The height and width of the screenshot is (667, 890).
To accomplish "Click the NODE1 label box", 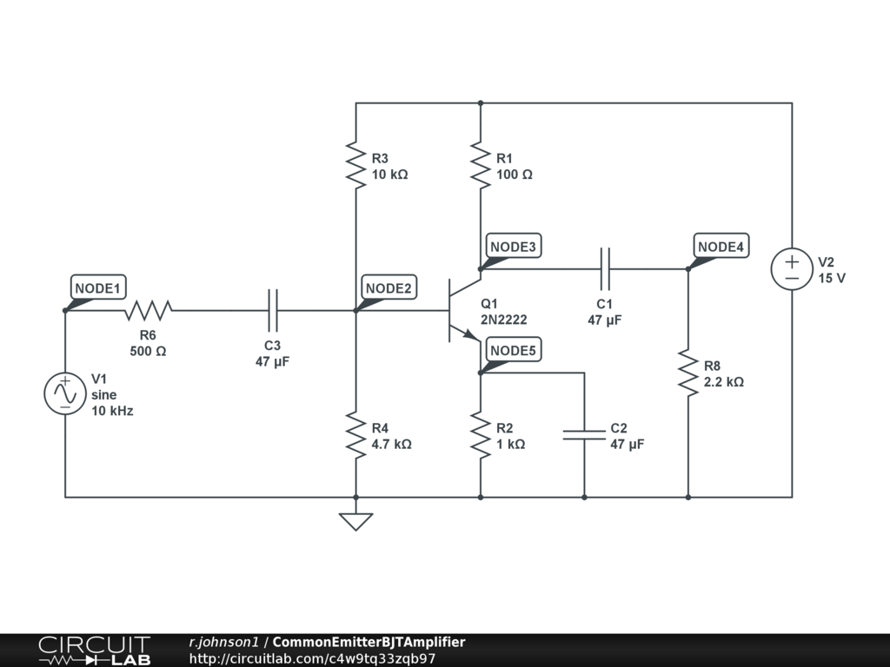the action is (x=98, y=287).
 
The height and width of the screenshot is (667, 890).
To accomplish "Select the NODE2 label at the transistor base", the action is (x=389, y=287).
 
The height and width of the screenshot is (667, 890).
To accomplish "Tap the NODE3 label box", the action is (x=513, y=246).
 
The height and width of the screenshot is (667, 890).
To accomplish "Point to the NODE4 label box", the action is (x=721, y=246).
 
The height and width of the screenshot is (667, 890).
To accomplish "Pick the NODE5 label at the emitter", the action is (x=513, y=350).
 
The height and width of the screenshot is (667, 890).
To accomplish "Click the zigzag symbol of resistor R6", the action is (x=148, y=310).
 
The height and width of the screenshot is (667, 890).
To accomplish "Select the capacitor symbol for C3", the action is (x=272, y=310).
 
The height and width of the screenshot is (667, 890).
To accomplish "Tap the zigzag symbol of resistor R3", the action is (x=355, y=165).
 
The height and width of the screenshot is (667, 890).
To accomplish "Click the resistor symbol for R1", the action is (x=481, y=165).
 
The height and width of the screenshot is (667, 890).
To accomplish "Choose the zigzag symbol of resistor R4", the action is (x=355, y=435).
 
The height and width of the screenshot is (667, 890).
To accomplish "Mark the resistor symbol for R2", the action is (x=481, y=435).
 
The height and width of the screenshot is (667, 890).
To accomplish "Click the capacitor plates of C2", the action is (x=584, y=435).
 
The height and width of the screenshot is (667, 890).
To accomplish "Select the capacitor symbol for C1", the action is (x=605, y=269).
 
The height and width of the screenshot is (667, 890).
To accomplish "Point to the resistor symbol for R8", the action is (x=688, y=373).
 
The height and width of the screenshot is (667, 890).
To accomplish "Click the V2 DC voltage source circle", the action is (x=792, y=269).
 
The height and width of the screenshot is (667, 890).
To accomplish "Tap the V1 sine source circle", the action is (x=65, y=393).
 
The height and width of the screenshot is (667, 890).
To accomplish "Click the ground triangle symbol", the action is (x=355, y=522).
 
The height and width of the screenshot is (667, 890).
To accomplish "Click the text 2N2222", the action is (x=503, y=320).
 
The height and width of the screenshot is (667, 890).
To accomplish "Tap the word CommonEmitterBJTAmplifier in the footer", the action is (x=369, y=642).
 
